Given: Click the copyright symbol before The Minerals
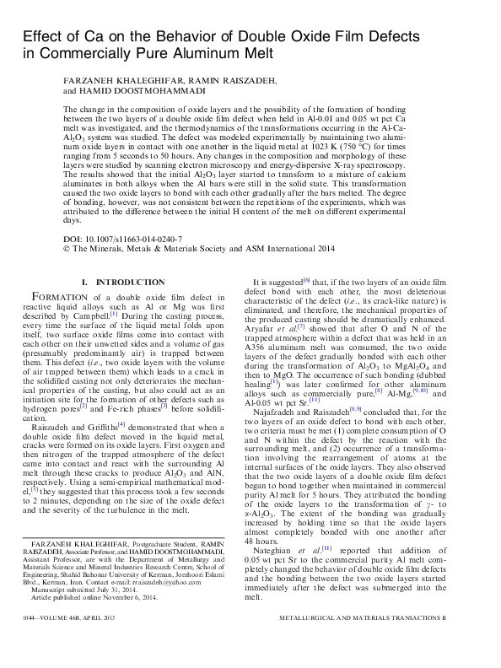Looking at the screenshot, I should pos(67,250).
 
